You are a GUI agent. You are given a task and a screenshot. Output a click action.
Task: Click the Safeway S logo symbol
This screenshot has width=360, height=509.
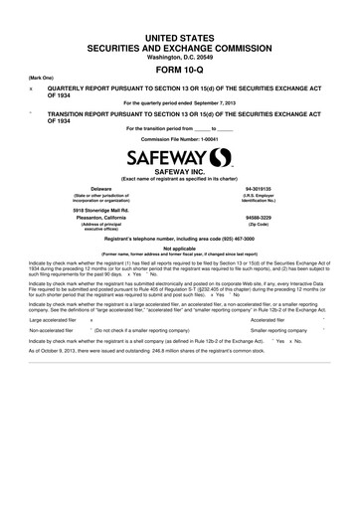[218, 157]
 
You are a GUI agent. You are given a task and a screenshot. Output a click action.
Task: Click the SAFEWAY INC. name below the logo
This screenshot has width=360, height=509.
[180, 172]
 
